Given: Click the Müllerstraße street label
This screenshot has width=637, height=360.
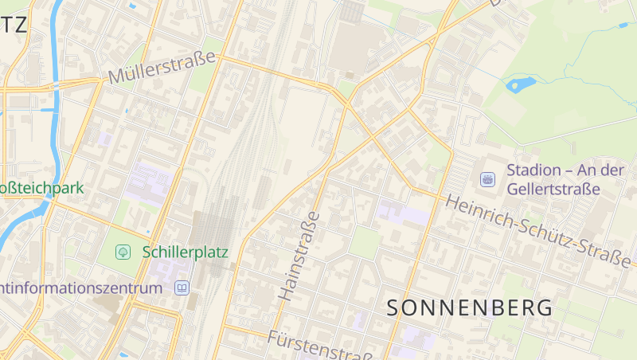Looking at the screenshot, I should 162,68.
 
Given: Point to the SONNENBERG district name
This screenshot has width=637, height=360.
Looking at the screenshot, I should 470,307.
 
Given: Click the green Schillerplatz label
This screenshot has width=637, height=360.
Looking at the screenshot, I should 185,252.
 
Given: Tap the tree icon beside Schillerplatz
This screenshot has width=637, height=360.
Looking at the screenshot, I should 123,252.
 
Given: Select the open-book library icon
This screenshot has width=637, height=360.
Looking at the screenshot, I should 182,288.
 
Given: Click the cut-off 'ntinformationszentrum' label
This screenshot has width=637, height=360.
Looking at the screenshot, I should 80,288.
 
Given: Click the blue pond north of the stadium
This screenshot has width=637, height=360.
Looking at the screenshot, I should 521,83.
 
